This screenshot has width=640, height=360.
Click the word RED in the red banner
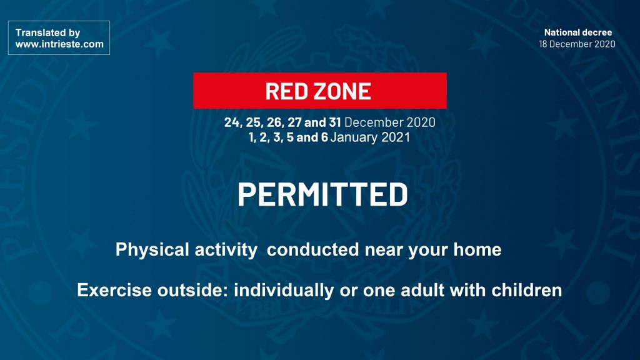[x=283, y=91]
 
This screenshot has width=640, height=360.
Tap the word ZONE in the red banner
[x=339, y=91]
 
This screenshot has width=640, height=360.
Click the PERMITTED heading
[x=322, y=194]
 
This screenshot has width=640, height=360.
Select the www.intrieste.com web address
[x=59, y=44]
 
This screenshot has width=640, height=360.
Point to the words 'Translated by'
[x=47, y=32]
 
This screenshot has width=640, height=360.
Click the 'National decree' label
[x=578, y=32]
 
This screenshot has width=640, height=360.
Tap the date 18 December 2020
[x=577, y=44]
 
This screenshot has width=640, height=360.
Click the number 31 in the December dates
[x=335, y=122]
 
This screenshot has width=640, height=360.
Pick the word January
[x=354, y=137]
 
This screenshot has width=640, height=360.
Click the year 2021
[x=396, y=137]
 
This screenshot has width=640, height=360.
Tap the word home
[x=477, y=249]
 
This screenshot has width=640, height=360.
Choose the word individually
[x=284, y=290]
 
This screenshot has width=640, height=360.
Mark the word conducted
[x=313, y=249]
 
